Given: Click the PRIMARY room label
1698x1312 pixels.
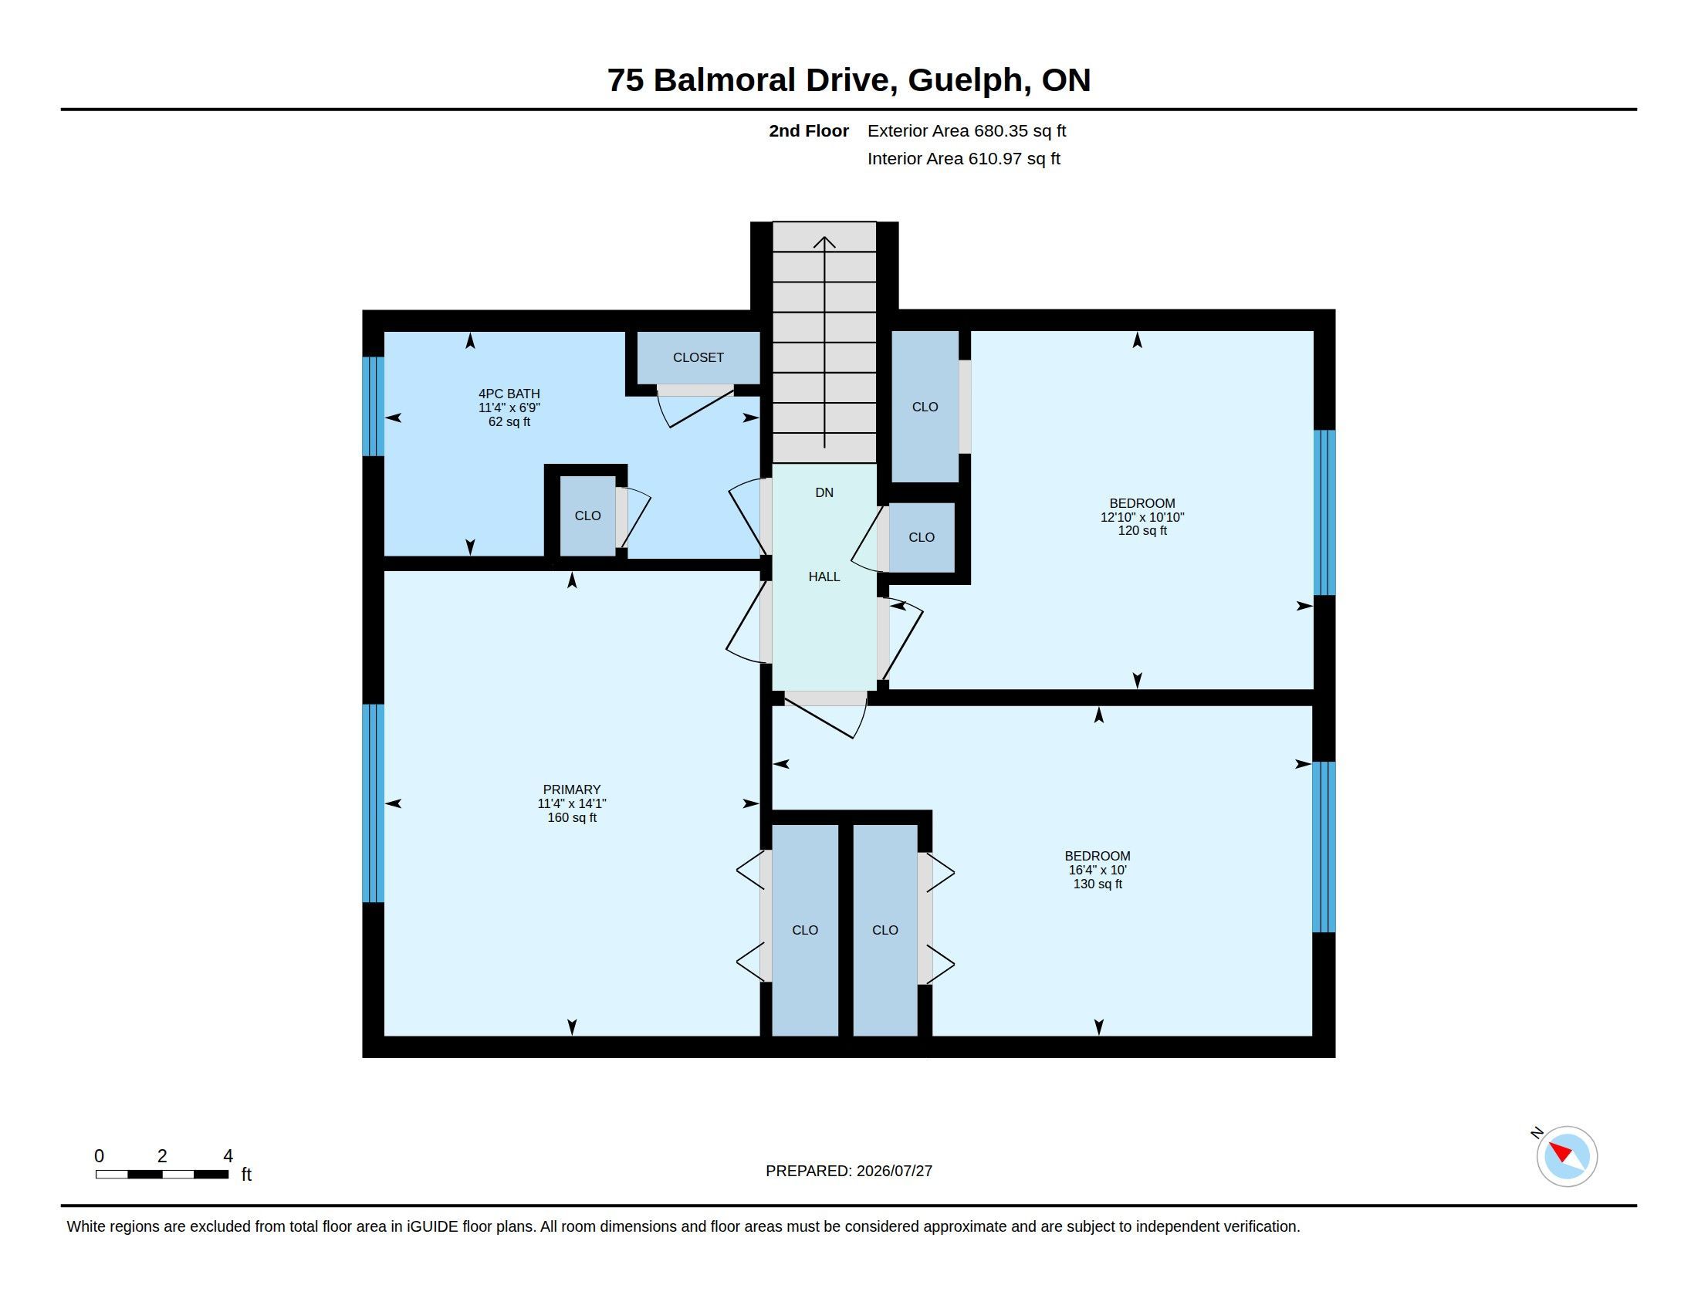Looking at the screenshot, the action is pyautogui.click(x=571, y=790).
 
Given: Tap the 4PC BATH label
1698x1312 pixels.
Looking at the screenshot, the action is pyautogui.click(x=509, y=394).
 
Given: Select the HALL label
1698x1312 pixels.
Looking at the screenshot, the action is pyautogui.click(x=824, y=577).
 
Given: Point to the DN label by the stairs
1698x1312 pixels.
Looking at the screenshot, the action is pyautogui.click(x=824, y=493).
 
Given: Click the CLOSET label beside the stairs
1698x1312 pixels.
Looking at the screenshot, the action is pyautogui.click(x=698, y=357).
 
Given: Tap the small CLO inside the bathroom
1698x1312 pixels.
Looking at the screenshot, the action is pyautogui.click(x=588, y=516).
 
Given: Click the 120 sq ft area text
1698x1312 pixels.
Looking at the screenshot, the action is pyautogui.click(x=1142, y=531).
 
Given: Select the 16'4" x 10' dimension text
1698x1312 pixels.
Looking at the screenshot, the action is pyautogui.click(x=1097, y=871).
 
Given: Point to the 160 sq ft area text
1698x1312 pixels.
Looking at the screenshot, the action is pyautogui.click(x=571, y=817).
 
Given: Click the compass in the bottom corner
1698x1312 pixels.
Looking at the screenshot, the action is pyautogui.click(x=1566, y=1156).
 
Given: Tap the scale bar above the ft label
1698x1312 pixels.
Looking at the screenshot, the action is pyautogui.click(x=162, y=1175).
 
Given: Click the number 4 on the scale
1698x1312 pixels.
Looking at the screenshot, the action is pyautogui.click(x=228, y=1156).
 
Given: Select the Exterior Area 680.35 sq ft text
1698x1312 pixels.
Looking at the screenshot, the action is pyautogui.click(x=966, y=130).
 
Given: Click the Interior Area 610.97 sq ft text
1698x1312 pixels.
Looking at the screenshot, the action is pyautogui.click(x=963, y=158).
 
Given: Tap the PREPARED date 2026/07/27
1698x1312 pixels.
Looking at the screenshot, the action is pyautogui.click(x=894, y=1171).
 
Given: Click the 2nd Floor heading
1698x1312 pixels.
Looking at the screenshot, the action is pyautogui.click(x=809, y=130).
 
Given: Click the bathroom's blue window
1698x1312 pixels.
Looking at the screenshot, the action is pyautogui.click(x=374, y=407).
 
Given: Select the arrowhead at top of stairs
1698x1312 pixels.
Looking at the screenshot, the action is pyautogui.click(x=824, y=242).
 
